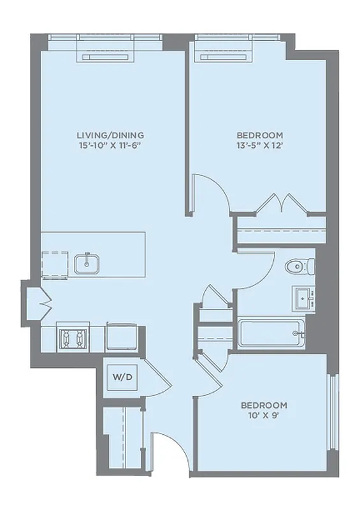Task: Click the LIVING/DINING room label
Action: pyautogui.click(x=110, y=135)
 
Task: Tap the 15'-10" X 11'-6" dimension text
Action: pyautogui.click(x=110, y=145)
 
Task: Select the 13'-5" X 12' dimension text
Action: pyautogui.click(x=259, y=145)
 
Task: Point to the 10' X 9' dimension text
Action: pyautogui.click(x=263, y=416)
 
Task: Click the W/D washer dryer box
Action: pyautogui.click(x=123, y=377)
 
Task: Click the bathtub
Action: pyautogui.click(x=273, y=333)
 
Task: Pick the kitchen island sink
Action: pyautogui.click(x=85, y=263)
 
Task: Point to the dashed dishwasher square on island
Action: pyautogui.click(x=54, y=263)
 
